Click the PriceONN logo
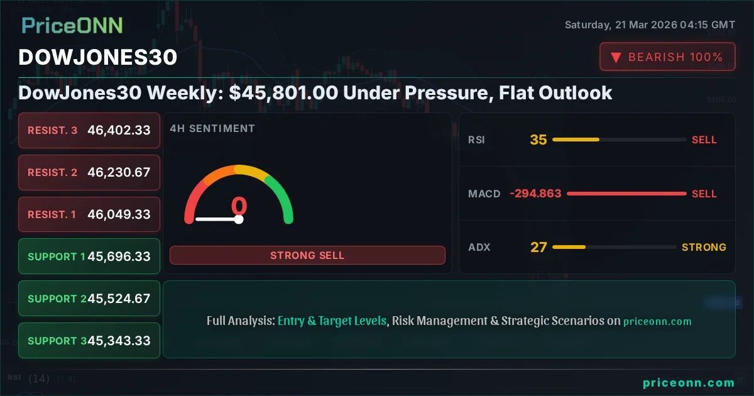(72, 25)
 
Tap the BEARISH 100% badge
(667, 57)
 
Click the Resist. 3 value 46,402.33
(119, 130)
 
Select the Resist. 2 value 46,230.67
(119, 172)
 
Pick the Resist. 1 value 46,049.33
(119, 214)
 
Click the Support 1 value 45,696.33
(119, 256)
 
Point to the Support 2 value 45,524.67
(119, 299)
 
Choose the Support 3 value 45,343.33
(119, 341)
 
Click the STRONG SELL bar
(307, 255)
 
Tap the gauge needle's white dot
(239, 219)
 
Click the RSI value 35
(538, 140)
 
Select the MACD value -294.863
(535, 194)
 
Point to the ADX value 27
(538, 247)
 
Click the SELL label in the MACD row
(704, 194)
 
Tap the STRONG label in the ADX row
(704, 247)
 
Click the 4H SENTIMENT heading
(212, 128)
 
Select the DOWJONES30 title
(98, 57)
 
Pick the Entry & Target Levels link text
(332, 321)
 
